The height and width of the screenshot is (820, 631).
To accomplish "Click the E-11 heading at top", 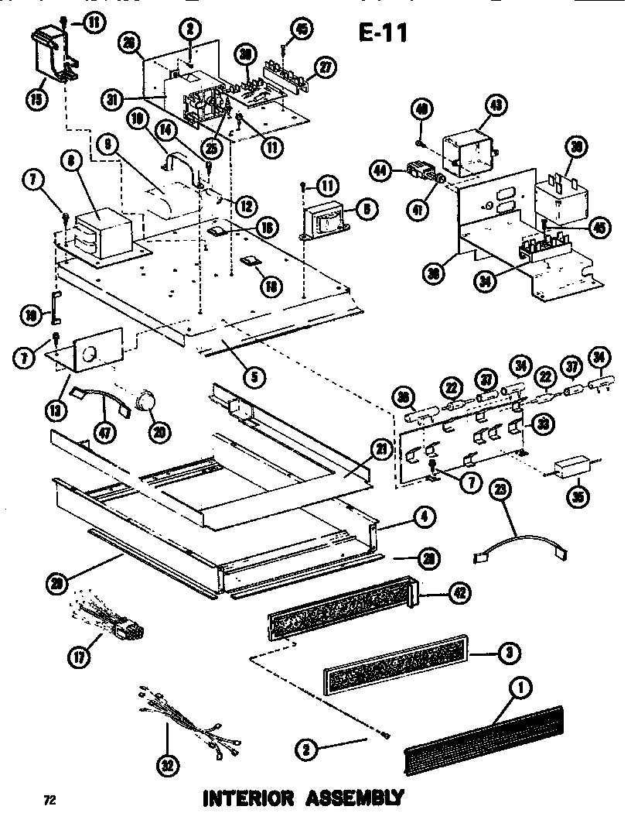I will pyautogui.click(x=383, y=33).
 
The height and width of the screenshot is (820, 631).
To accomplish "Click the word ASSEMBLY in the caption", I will pyautogui.click(x=352, y=798).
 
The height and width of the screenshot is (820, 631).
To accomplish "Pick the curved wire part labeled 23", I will pyautogui.click(x=520, y=538).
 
